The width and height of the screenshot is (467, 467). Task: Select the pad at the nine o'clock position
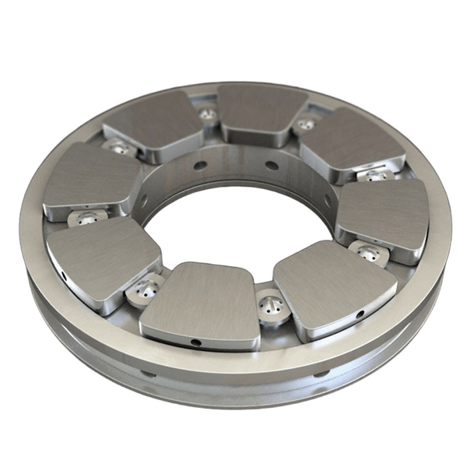tap(90, 178)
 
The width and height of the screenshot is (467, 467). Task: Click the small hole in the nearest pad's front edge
tap(196, 342)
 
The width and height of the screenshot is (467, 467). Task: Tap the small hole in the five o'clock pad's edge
tap(360, 314)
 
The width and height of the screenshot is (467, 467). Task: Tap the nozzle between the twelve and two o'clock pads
tap(306, 124)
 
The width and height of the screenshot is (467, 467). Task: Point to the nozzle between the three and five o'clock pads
tap(367, 253)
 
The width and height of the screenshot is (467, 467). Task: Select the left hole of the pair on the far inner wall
tap(201, 164)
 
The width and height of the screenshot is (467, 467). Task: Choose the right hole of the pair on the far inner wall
tap(272, 165)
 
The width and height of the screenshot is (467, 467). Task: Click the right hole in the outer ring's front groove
tap(321, 374)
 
